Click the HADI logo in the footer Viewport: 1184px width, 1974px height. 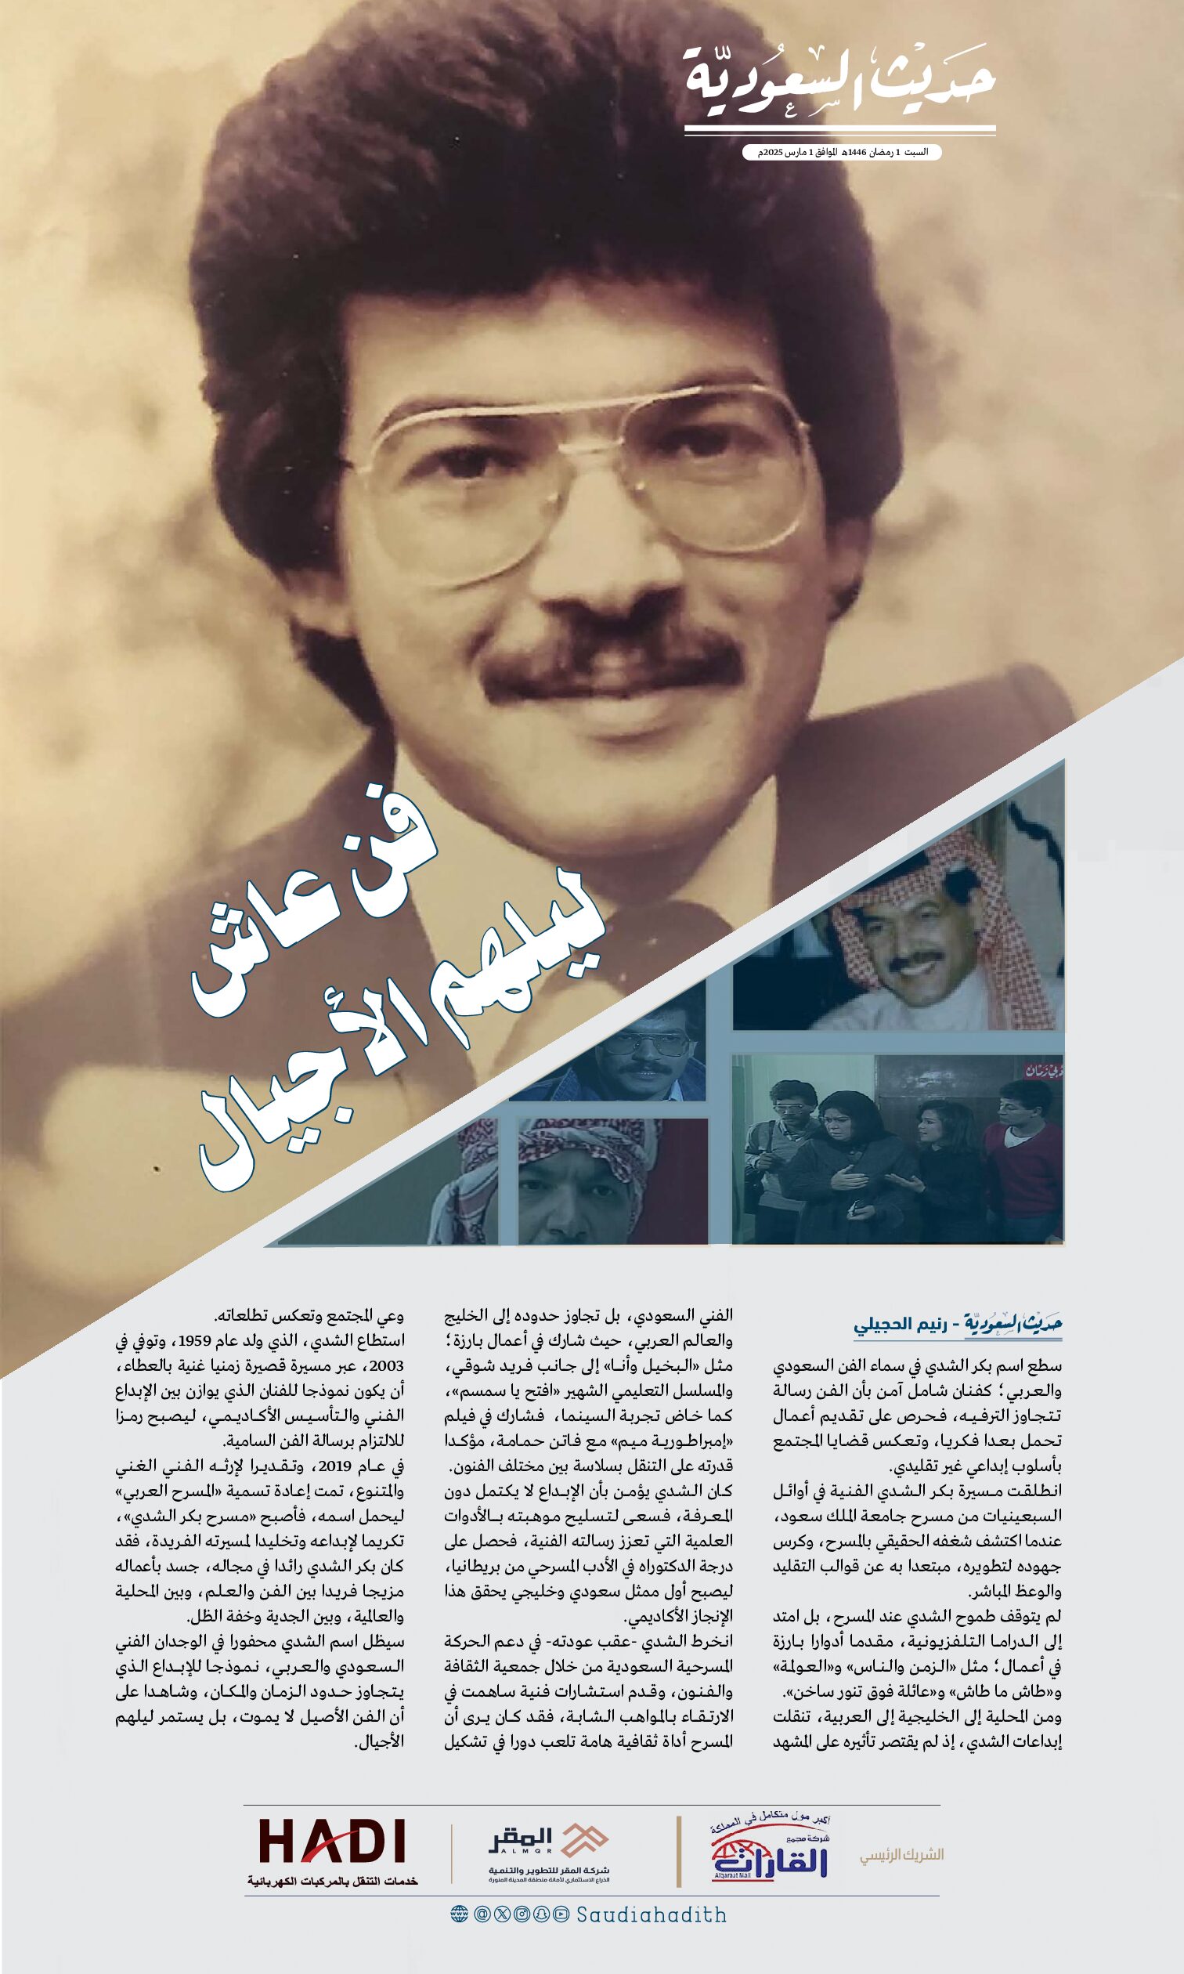[332, 1842]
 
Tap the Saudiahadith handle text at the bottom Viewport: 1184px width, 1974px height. [652, 1915]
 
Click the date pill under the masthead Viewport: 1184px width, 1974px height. [841, 152]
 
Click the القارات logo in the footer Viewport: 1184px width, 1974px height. [769, 1848]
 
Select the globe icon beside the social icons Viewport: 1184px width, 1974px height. [459, 1914]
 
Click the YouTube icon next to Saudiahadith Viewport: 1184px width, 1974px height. [561, 1914]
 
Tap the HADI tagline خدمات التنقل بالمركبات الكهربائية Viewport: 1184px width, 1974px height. [332, 1881]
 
